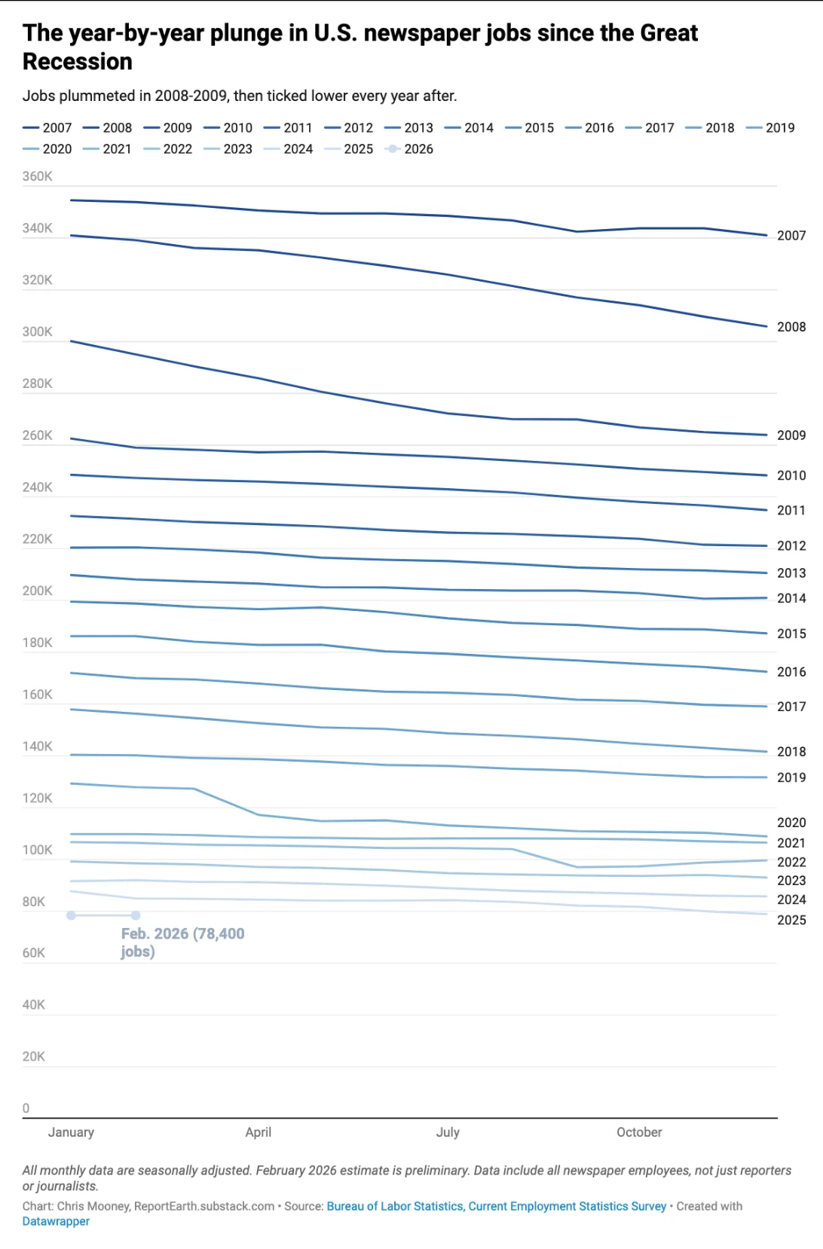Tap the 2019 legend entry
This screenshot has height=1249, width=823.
[x=771, y=128]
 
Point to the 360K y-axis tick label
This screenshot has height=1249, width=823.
[x=38, y=176]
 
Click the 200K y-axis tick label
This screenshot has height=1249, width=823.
[x=38, y=591]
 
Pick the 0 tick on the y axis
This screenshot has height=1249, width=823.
[x=26, y=1108]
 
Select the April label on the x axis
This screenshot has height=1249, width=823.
[x=258, y=1132]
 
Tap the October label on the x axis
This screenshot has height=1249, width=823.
[x=639, y=1132]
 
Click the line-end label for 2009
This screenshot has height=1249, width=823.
[x=791, y=435]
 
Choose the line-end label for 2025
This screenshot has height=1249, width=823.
[x=791, y=920]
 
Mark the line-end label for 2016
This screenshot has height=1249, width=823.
[x=791, y=672]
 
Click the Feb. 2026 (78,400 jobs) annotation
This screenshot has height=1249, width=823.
[x=182, y=942]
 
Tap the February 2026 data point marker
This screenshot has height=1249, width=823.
[x=136, y=915]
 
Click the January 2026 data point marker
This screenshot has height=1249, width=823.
[x=71, y=915]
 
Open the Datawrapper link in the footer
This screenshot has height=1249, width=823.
[x=56, y=1221]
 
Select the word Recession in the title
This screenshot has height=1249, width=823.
[x=78, y=62]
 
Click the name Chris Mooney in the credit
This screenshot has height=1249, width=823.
[x=93, y=1206]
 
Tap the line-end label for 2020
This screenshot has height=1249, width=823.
[x=791, y=823]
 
